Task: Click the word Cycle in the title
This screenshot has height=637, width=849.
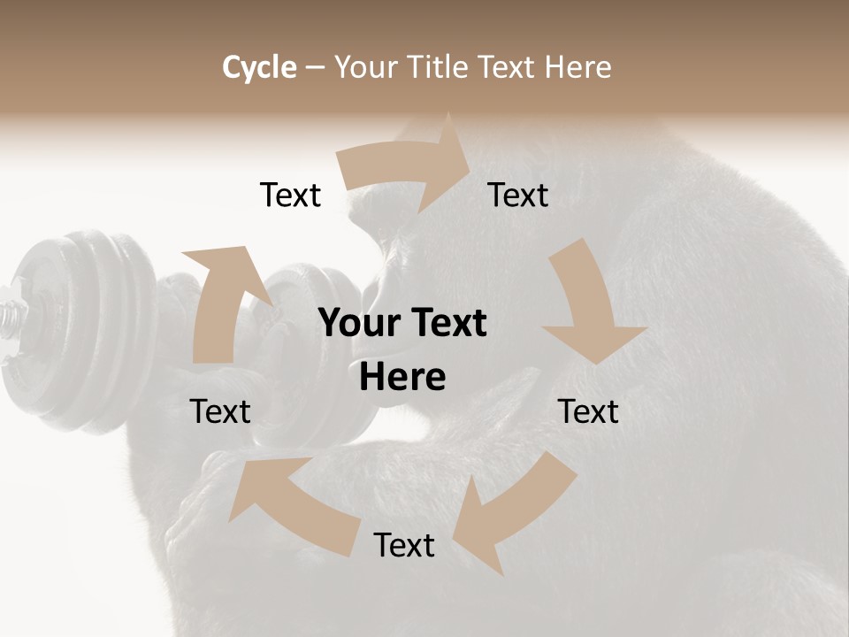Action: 259,67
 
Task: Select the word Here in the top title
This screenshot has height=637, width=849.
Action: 578,67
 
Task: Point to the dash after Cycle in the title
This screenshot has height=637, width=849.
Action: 314,68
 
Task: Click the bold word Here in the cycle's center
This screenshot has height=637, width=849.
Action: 402,378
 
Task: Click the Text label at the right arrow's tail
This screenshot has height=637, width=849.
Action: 290,195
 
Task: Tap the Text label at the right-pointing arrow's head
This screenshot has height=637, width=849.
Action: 518,195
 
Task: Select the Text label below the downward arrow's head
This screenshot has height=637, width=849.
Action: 588,411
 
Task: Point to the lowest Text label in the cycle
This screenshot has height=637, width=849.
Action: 404,545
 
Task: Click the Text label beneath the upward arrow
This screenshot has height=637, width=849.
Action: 220,411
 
